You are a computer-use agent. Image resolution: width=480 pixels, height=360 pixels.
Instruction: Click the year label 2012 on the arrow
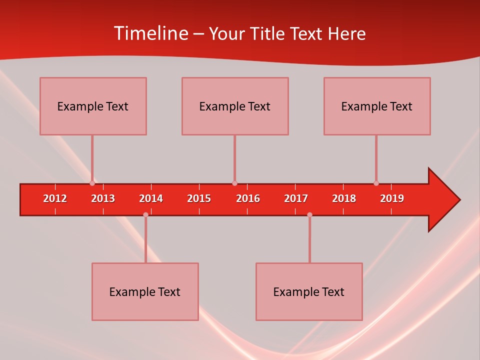point(55,198)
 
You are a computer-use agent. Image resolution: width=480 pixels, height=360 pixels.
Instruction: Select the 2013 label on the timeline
point(103,198)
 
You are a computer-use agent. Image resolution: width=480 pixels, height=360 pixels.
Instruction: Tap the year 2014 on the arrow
point(151,198)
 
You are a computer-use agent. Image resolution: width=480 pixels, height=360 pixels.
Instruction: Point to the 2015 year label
point(199,198)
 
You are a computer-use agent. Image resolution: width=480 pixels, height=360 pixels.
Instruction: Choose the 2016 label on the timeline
point(248,198)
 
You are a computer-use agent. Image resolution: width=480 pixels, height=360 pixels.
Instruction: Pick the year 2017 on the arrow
point(296,198)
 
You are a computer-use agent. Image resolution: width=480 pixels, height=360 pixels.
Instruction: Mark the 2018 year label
point(344,198)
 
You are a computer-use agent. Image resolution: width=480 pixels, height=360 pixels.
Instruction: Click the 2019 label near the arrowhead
point(392,198)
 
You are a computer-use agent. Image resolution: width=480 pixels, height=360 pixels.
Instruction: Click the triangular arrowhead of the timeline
point(442,200)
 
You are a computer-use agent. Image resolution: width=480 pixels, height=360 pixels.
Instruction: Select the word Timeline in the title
point(151,33)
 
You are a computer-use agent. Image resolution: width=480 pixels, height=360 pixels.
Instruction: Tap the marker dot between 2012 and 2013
point(92,183)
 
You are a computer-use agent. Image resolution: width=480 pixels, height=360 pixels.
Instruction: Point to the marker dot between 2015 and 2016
point(234,183)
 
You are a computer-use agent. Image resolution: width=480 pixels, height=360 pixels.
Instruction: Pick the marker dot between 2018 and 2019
point(376,183)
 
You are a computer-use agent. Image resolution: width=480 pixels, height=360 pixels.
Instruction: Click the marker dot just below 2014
point(145,214)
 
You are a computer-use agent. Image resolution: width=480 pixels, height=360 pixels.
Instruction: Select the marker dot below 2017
point(309,214)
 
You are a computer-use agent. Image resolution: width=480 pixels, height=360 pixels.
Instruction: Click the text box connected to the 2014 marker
point(145,291)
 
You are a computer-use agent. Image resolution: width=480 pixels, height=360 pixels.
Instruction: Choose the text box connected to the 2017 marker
point(309,291)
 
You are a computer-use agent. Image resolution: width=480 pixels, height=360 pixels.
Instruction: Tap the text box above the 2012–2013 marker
point(93,106)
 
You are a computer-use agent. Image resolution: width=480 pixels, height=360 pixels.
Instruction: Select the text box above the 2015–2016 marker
point(235,106)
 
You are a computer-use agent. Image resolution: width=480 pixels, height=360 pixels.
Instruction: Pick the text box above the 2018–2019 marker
point(377,106)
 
